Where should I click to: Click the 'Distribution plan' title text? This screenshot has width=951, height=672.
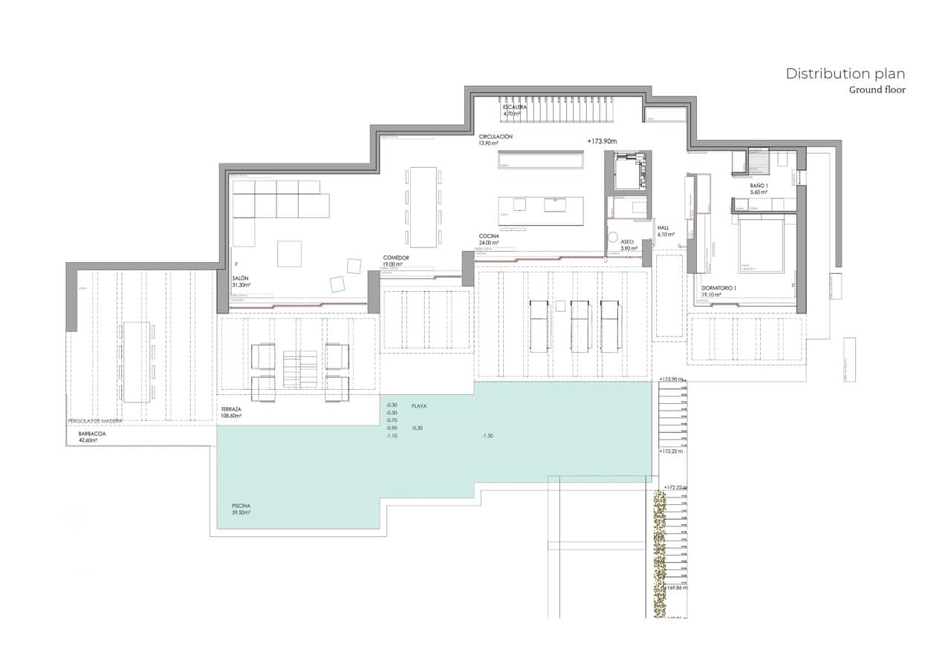(x=845, y=74)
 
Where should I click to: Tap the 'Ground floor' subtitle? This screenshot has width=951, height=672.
(x=877, y=90)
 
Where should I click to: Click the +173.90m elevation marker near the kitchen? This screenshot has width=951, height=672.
(x=602, y=141)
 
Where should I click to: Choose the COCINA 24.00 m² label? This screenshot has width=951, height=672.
(x=489, y=239)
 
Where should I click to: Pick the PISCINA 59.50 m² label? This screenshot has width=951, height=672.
(x=241, y=509)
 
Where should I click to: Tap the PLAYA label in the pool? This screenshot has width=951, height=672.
(x=419, y=406)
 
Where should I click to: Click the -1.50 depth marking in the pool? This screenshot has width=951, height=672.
(x=487, y=435)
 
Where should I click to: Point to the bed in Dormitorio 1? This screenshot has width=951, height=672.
(x=761, y=246)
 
